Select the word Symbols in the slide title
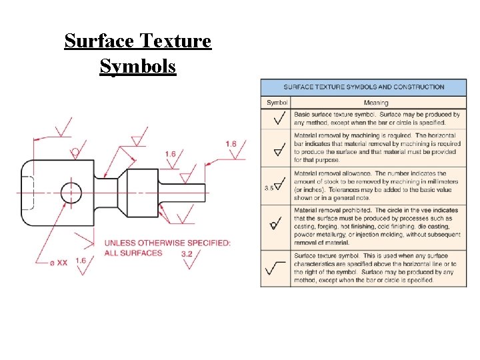[138, 66]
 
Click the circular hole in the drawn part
[71, 193]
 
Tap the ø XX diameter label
[58, 262]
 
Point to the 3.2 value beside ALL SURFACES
[187, 253]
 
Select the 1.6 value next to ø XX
[81, 261]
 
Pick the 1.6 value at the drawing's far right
[231, 143]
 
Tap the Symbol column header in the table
[277, 103]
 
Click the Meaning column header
[376, 103]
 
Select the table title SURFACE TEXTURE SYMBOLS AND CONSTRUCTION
[364, 87]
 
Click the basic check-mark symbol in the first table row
[279, 119]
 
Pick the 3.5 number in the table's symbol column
[268, 188]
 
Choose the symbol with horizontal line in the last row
[276, 269]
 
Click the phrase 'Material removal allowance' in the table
[331, 173]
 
